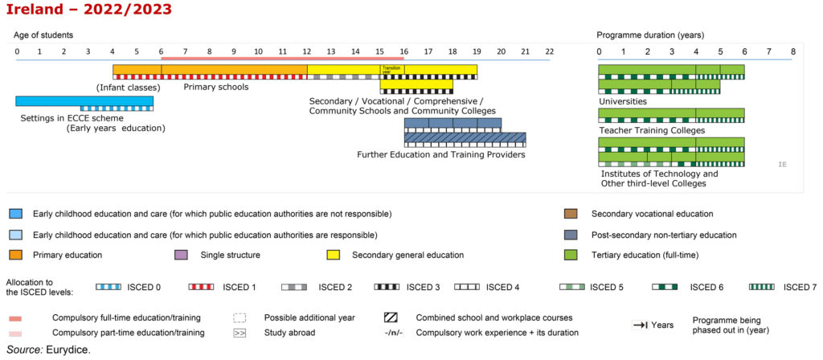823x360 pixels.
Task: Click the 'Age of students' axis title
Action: pos(44,35)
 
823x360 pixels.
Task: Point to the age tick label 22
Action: pos(549,51)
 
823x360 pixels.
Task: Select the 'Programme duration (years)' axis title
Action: pos(650,35)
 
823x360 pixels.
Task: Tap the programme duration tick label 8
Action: pos(792,51)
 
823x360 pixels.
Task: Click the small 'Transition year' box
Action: pos(391,69)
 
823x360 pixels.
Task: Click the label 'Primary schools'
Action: pos(216,87)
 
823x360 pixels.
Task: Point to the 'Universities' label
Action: pos(622,102)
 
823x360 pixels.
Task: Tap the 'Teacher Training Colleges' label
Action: pos(652,130)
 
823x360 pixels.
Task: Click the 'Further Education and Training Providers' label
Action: pos(441,154)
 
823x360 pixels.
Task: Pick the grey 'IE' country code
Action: pos(782,164)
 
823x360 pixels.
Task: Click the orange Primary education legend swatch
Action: pos(15,256)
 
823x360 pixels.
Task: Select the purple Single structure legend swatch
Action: pos(181,256)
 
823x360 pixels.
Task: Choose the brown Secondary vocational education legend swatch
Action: pos(572,214)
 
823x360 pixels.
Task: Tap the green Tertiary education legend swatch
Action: pos(572,256)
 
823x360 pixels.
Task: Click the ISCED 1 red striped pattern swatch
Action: pos(200,287)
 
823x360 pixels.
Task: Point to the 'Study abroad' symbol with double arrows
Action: pos(240,332)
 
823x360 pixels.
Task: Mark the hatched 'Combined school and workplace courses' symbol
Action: pos(391,317)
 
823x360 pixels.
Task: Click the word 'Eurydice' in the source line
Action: pos(69,350)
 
